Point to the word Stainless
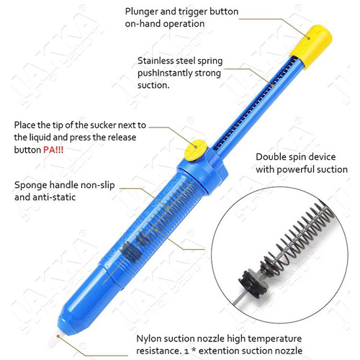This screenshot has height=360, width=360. point(157,61)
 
